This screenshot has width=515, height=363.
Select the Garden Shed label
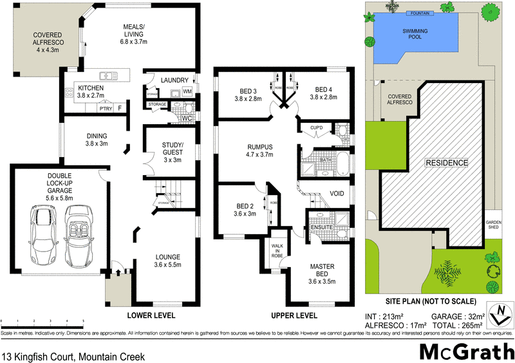pos(494,223)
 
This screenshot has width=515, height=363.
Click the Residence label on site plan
pos(446,163)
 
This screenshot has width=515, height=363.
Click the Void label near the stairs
pos(337,193)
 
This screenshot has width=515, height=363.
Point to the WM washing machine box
pos(187,93)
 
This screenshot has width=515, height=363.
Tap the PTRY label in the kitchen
pos(103,109)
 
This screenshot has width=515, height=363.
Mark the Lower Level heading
pos(151,315)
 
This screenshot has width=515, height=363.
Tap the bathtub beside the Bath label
pos(342,163)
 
